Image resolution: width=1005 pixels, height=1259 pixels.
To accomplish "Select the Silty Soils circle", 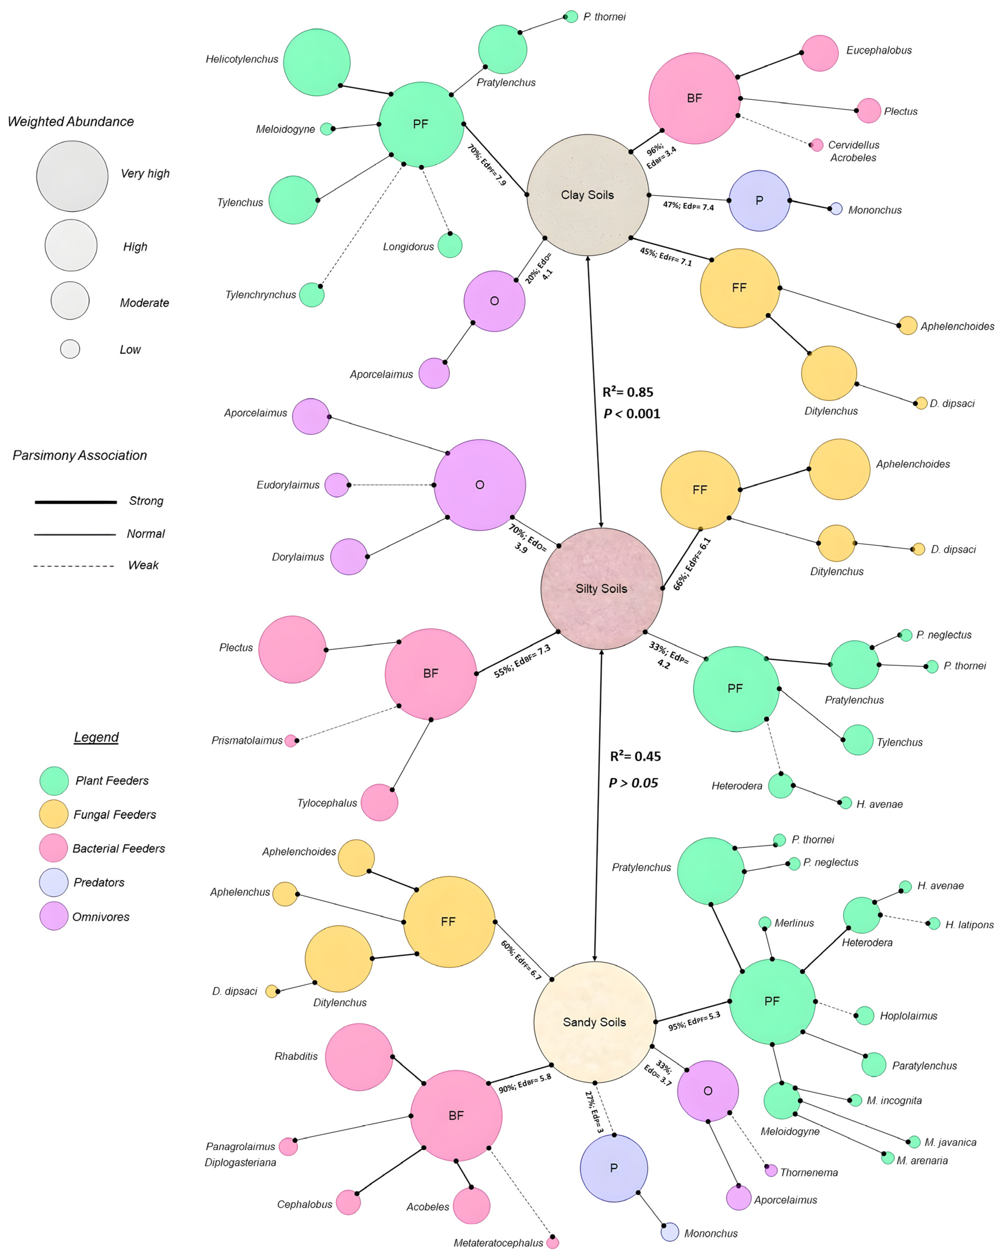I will [602, 589].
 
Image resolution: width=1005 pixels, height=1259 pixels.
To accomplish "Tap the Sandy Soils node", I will [594, 1022].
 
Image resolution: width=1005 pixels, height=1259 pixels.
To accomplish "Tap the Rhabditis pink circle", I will [358, 1057].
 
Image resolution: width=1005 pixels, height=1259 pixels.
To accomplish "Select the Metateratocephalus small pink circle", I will [552, 1243].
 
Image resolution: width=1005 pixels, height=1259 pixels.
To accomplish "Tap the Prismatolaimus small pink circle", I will [290, 741].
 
